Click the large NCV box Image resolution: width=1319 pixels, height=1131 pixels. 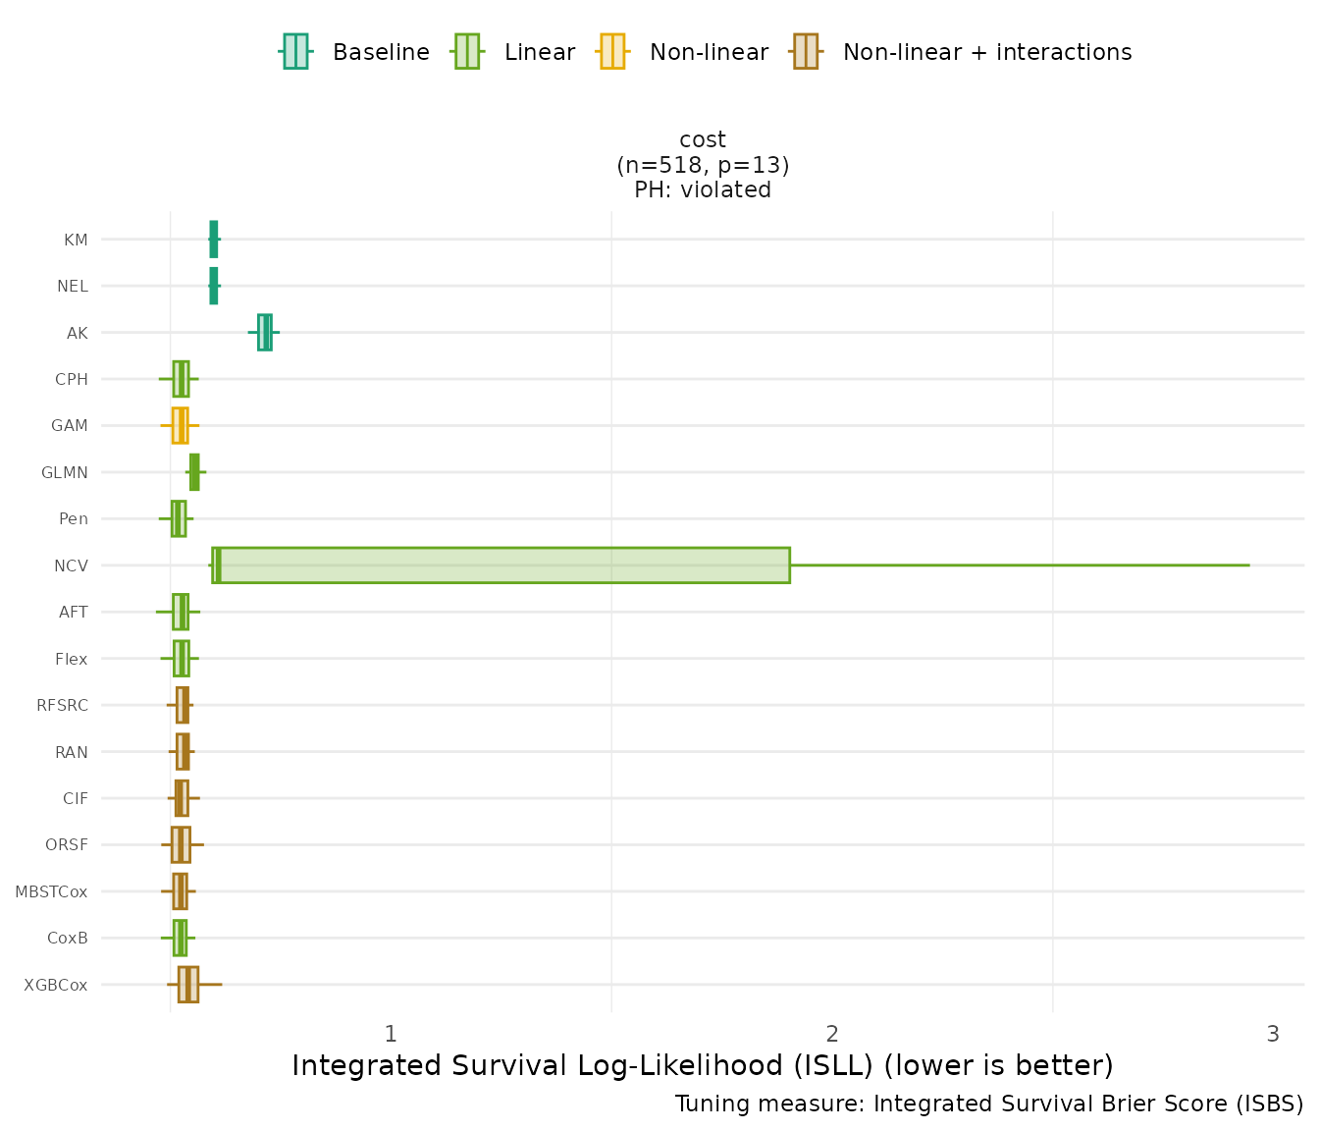tap(501, 565)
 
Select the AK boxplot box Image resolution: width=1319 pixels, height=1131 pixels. tap(264, 333)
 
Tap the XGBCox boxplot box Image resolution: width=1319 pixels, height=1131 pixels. tap(187, 985)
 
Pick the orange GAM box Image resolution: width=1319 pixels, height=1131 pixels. tap(180, 426)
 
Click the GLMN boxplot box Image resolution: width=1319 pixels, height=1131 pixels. tap(194, 472)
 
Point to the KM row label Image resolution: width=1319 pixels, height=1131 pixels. tap(76, 240)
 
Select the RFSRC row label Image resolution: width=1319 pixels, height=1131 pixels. tap(62, 706)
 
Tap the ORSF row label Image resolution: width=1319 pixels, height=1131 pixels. tap(67, 845)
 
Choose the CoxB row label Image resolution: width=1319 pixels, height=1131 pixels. tap(68, 939)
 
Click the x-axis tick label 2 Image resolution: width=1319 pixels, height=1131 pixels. tap(832, 1034)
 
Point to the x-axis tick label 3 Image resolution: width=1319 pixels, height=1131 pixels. tap(1273, 1034)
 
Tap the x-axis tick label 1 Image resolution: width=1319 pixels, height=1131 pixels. tap(391, 1034)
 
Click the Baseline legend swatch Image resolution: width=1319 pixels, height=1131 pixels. tap(295, 52)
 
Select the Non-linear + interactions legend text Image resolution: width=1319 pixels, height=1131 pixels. tap(987, 52)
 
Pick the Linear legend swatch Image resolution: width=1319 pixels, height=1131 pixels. tap(466, 52)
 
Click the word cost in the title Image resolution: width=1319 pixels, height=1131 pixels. tap(703, 139)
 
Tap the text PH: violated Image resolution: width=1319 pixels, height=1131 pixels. tap(703, 189)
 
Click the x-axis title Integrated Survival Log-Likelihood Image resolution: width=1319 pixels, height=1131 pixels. tap(703, 1066)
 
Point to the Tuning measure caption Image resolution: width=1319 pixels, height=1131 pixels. tap(989, 1104)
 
